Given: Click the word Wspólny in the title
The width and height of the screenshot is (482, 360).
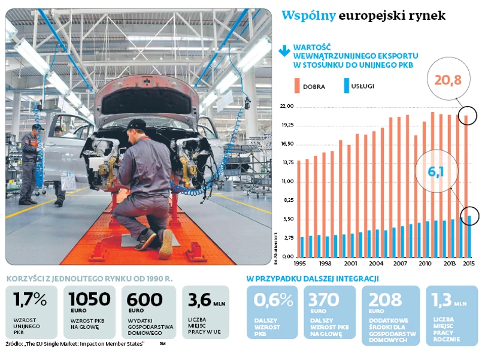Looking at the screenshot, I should click(x=308, y=15).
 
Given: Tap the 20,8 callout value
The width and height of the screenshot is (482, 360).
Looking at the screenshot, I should click(x=448, y=80).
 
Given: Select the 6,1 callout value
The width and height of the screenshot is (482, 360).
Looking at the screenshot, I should click(x=435, y=173).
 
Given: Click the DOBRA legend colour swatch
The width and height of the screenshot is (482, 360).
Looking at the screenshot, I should click(x=298, y=85).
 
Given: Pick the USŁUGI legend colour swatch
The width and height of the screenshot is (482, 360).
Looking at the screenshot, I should click(x=347, y=85).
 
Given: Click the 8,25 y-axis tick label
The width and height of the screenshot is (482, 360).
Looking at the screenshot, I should click(x=288, y=200).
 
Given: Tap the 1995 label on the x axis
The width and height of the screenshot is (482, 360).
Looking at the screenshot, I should click(x=301, y=263).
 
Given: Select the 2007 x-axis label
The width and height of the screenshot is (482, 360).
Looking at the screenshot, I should click(x=399, y=263).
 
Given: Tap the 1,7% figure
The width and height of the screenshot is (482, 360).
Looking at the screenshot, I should click(x=29, y=299).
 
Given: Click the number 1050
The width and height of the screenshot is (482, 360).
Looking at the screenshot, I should click(x=89, y=299).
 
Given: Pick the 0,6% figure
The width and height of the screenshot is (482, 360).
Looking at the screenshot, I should click(x=272, y=300).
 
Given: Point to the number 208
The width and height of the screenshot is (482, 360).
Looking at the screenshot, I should click(x=385, y=300).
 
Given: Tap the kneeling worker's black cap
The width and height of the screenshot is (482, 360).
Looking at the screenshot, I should click(x=137, y=124).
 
